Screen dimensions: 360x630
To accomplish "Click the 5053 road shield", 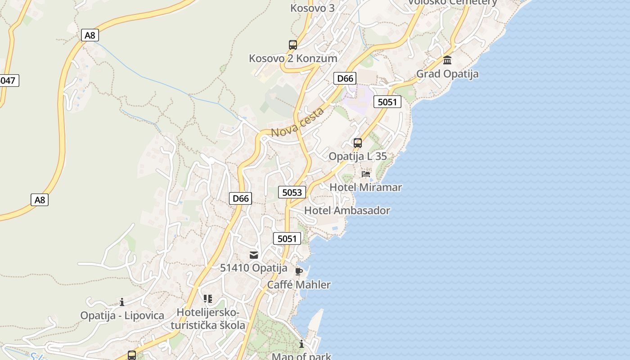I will [x=292, y=193].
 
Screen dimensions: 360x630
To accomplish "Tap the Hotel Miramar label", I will [x=365, y=187].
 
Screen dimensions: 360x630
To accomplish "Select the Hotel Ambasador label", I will [x=347, y=210].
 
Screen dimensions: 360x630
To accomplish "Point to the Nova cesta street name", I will [x=297, y=123].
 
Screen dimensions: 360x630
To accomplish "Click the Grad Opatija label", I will [x=447, y=74].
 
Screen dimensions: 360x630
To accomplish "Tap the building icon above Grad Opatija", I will [x=447, y=60].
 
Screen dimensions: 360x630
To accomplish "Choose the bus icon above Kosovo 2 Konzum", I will [x=293, y=45].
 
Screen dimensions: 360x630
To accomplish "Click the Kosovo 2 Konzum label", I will [x=293, y=58].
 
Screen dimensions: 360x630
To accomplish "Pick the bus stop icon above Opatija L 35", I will [x=358, y=143].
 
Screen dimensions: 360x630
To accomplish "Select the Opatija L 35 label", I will [x=358, y=157].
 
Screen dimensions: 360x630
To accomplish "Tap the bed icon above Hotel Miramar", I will [x=366, y=174].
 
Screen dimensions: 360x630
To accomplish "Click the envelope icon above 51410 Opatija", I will [x=254, y=255].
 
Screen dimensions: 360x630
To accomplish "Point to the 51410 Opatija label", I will [x=253, y=268].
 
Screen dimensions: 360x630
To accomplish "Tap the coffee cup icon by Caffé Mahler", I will [x=298, y=271].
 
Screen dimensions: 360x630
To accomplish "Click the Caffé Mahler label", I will [x=299, y=285].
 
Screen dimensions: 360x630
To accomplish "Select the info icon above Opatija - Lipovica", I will [x=122, y=302].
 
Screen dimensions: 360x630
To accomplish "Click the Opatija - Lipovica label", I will [x=122, y=315].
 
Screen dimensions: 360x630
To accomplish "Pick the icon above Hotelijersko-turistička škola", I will [x=207, y=299].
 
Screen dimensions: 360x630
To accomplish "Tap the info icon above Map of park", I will [x=301, y=344].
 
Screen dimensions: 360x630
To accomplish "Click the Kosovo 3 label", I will [x=312, y=8].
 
